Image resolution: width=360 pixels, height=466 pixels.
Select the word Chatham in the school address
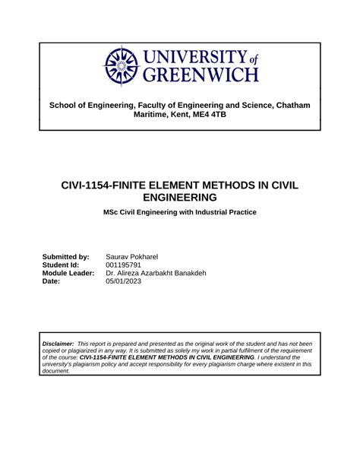(x=290, y=103)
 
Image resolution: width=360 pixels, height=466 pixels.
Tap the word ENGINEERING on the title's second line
(x=179, y=197)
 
